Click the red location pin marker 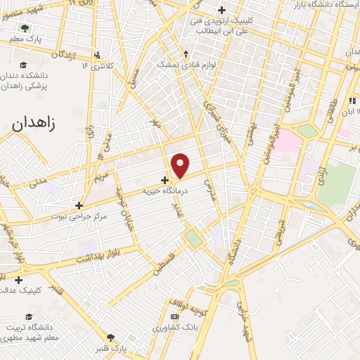(181, 165)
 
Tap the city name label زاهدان (37, 123)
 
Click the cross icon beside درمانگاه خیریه (165, 180)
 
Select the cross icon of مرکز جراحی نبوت (79, 205)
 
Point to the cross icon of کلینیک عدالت (18, 280)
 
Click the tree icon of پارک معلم (25, 29)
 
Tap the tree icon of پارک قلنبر (110, 337)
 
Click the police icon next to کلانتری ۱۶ (97, 54)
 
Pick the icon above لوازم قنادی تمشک (186, 53)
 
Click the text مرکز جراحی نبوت (78, 216)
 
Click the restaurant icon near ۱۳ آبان (352, 101)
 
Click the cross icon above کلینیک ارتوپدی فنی (222, 10)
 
